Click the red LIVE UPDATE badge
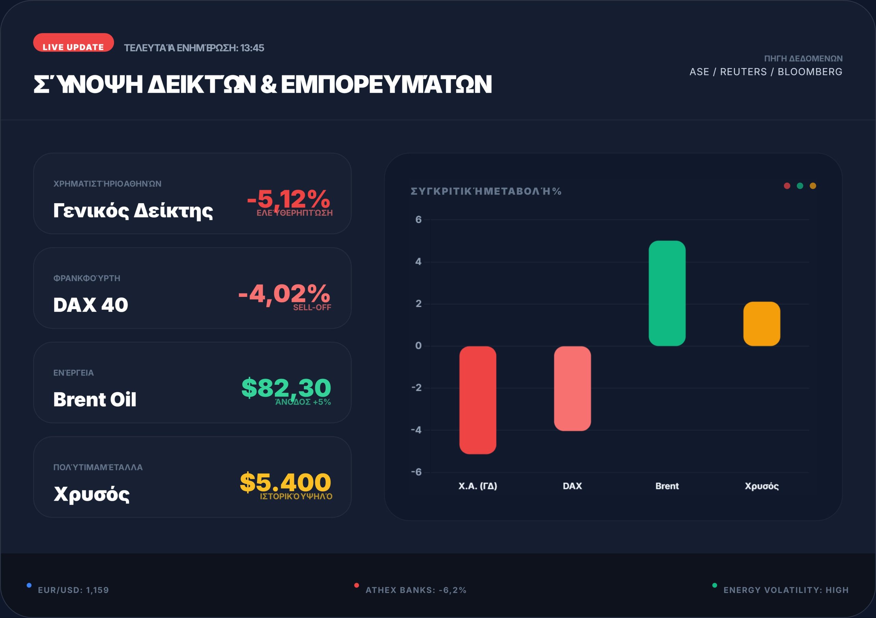[73, 43]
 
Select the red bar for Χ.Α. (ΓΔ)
[478, 400]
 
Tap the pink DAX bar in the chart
[572, 389]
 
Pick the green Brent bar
[667, 293]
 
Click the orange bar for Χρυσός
[762, 324]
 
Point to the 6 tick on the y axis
[418, 220]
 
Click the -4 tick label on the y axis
[416, 430]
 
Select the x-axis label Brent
[667, 486]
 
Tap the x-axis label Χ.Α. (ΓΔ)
[478, 486]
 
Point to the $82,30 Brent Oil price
[286, 388]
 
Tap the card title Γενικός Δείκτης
[133, 210]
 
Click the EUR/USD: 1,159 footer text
[73, 590]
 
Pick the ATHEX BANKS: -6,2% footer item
[416, 590]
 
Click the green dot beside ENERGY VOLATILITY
[714, 585]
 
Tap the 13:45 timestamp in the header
[252, 48]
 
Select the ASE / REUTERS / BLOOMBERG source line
[766, 72]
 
